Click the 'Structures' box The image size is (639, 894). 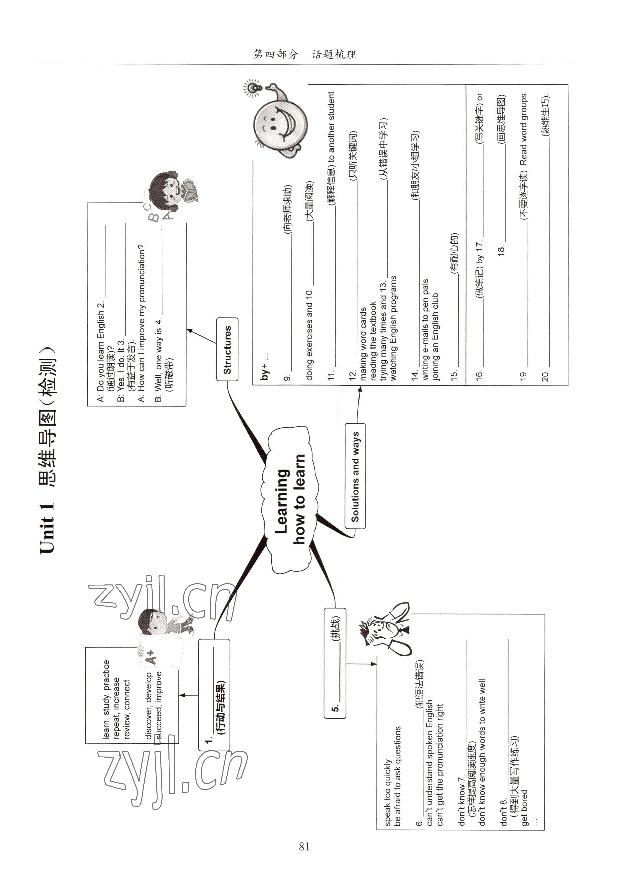(227, 349)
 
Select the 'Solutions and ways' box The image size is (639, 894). (355, 476)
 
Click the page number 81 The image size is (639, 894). (304, 847)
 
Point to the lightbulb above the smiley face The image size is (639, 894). (253, 87)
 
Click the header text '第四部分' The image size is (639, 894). (276, 55)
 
